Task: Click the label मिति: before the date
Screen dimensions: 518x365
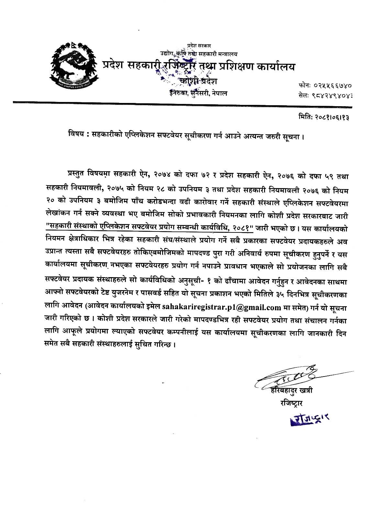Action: click(304, 118)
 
